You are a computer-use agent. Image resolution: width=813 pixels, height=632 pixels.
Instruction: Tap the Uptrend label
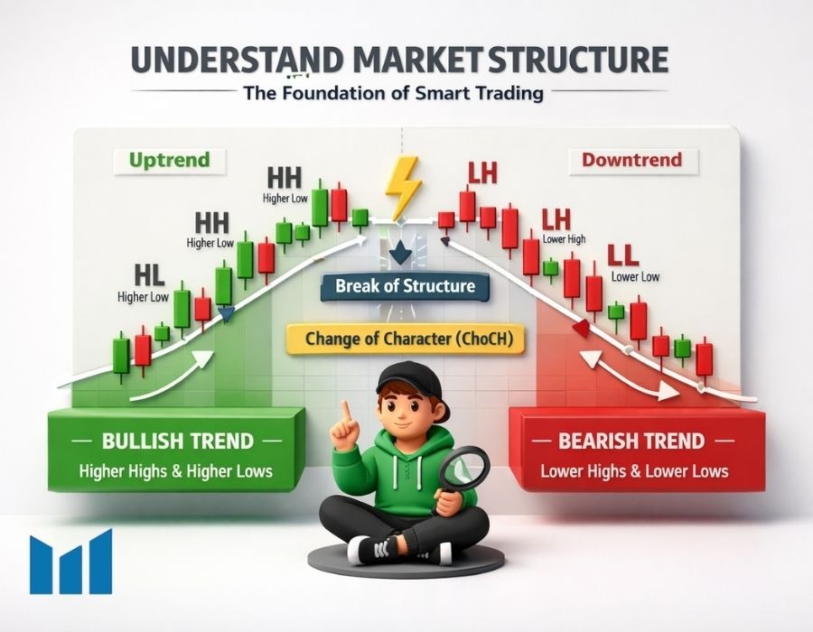coord(169,160)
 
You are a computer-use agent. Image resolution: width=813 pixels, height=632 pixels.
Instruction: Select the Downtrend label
coord(632,160)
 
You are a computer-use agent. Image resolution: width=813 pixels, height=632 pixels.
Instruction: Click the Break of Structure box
coord(405,286)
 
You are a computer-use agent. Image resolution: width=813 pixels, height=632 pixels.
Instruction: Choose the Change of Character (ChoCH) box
coord(406,339)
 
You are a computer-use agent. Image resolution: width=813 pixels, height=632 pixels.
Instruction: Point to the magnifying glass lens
coord(464,469)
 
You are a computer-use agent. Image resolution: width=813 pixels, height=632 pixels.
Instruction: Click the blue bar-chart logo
coord(71,562)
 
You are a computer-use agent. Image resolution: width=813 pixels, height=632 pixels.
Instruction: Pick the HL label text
coord(149,276)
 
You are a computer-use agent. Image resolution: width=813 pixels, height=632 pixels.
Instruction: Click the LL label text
coord(622,256)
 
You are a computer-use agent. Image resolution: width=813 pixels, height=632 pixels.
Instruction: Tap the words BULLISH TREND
coord(177,441)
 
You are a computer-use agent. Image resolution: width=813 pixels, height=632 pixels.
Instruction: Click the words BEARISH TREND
coord(631,441)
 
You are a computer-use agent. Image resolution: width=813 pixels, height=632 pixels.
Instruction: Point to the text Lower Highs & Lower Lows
coord(634,471)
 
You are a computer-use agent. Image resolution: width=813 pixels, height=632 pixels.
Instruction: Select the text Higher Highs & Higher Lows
coord(176,471)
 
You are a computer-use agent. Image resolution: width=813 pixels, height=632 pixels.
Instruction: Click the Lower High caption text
coord(564,239)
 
